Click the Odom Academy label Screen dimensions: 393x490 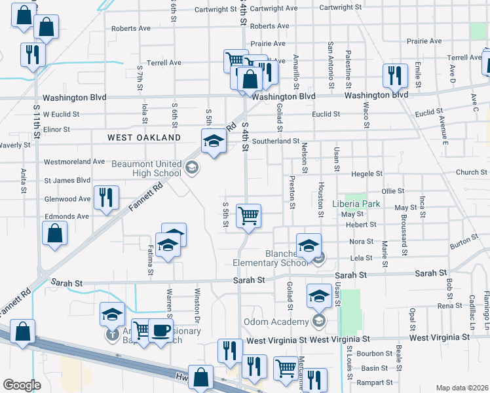pyautogui.click(x=276, y=322)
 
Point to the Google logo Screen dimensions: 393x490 pyautogui.click(x=22, y=385)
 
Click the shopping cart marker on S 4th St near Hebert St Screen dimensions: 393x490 pyautogui.click(x=248, y=215)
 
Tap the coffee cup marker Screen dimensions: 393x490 pyautogui.click(x=160, y=329)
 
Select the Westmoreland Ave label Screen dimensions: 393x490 pyautogui.click(x=74, y=161)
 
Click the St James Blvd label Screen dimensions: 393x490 pyautogui.click(x=67, y=180)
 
